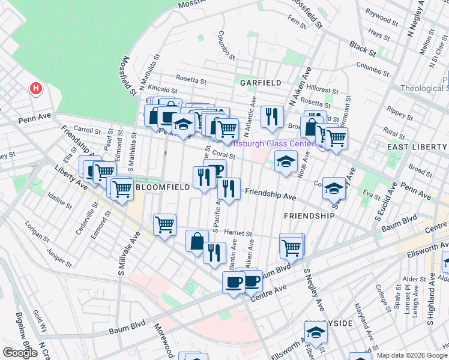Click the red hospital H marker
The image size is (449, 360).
tap(36, 89)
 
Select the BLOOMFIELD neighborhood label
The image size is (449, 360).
tap(163, 187)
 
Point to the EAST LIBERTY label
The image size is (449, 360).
tap(417, 147)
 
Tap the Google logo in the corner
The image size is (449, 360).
tap(20, 353)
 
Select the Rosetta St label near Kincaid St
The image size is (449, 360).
tap(191, 79)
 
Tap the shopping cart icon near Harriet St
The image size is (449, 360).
tap(164, 225)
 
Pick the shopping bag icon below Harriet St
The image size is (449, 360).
tap(197, 242)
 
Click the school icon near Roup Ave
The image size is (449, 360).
tap(286, 161)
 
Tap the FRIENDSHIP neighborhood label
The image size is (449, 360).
tap(309, 215)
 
